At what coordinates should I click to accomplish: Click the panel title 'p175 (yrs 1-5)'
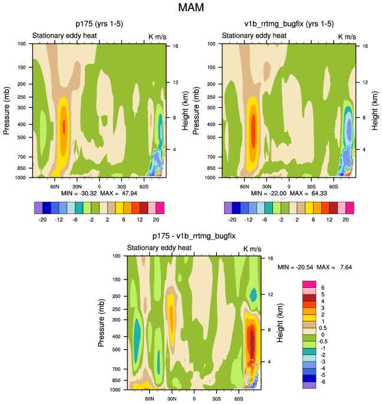tap(98, 24)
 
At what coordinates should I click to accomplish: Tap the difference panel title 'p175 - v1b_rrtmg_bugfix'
tap(193, 236)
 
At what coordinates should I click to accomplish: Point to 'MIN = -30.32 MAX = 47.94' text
tap(99, 193)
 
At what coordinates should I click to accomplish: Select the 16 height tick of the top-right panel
tap(365, 45)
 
